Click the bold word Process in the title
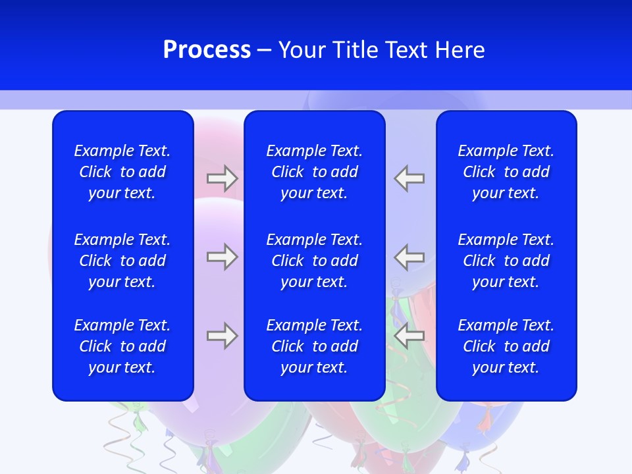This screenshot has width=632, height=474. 207,50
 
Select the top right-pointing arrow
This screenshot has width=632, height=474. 222,178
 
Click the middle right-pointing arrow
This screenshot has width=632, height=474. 222,257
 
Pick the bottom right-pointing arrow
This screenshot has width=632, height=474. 222,336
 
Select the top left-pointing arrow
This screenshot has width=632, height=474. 409,178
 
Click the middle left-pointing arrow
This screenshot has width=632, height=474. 409,257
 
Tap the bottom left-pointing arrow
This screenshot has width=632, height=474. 409,336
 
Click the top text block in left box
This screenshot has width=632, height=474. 122,172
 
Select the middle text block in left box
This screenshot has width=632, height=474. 122,261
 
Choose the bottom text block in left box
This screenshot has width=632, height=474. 122,346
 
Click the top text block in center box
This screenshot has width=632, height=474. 314,172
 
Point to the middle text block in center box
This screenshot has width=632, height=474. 314,261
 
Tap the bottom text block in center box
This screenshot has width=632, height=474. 314,346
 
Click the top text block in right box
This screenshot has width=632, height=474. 506,172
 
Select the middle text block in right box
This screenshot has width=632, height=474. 506,261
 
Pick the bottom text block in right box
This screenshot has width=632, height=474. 506,346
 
